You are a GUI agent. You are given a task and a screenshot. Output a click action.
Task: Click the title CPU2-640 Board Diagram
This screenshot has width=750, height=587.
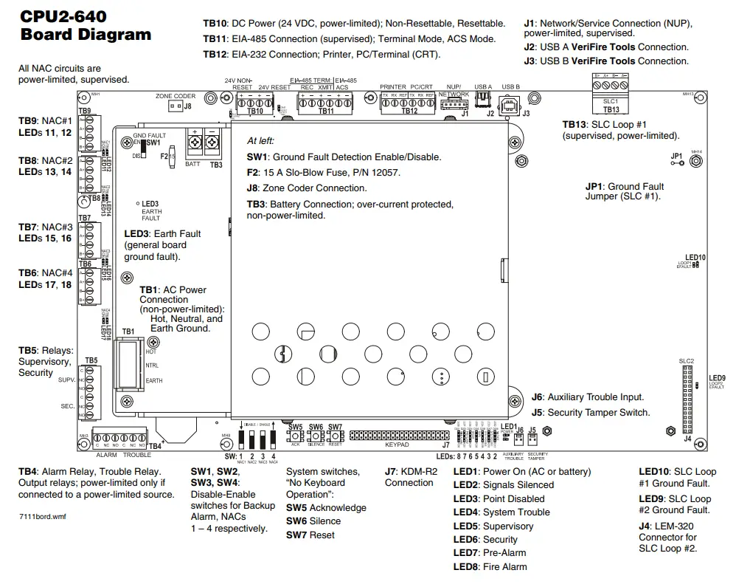[x=86, y=26]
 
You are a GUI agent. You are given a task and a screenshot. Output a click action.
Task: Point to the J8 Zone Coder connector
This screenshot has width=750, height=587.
[x=174, y=106]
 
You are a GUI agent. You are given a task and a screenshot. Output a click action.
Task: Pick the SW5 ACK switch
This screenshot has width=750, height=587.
[x=295, y=436]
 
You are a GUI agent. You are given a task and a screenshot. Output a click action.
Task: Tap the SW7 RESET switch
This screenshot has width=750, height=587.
[x=335, y=436]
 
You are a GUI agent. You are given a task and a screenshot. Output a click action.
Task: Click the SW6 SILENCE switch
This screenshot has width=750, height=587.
[x=316, y=436]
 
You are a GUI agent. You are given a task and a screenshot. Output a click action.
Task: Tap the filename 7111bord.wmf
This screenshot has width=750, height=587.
[x=42, y=516]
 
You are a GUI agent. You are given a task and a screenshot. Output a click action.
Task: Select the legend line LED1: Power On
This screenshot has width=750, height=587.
[x=521, y=471]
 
